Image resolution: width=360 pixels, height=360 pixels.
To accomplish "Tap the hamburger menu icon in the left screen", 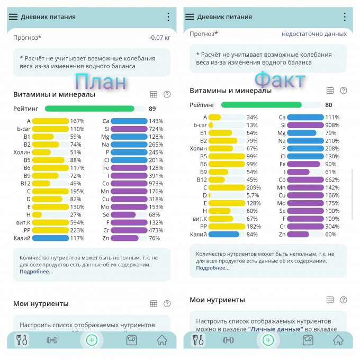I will [13, 17].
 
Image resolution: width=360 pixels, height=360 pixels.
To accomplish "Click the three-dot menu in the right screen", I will [344, 17].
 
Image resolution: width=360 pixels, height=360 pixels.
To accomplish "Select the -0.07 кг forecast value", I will [159, 38].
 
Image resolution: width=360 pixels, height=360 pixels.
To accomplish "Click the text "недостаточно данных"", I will [314, 34].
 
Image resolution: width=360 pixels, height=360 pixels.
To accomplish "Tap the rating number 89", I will [152, 109].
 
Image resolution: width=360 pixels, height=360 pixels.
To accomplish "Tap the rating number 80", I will [329, 105].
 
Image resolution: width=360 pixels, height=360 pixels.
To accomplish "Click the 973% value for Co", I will [156, 183].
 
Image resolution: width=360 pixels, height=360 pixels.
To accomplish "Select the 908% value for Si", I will [332, 125].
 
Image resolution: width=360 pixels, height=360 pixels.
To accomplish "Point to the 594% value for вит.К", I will [77, 222].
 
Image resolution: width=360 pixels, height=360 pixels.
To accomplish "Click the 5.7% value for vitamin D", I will [253, 195].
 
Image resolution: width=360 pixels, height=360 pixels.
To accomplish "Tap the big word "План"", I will [100, 82].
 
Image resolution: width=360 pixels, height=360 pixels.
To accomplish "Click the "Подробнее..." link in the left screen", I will [37, 272].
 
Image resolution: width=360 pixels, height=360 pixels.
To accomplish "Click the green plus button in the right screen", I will [268, 340].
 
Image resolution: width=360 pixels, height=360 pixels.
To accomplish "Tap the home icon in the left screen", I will [161, 340].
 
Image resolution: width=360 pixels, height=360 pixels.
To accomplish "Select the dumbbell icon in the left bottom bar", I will [52, 340].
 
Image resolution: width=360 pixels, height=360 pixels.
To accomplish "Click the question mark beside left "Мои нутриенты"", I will [167, 304].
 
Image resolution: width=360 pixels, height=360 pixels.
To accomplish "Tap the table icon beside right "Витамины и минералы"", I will [330, 91].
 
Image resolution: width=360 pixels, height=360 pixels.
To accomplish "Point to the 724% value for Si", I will [156, 129].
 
